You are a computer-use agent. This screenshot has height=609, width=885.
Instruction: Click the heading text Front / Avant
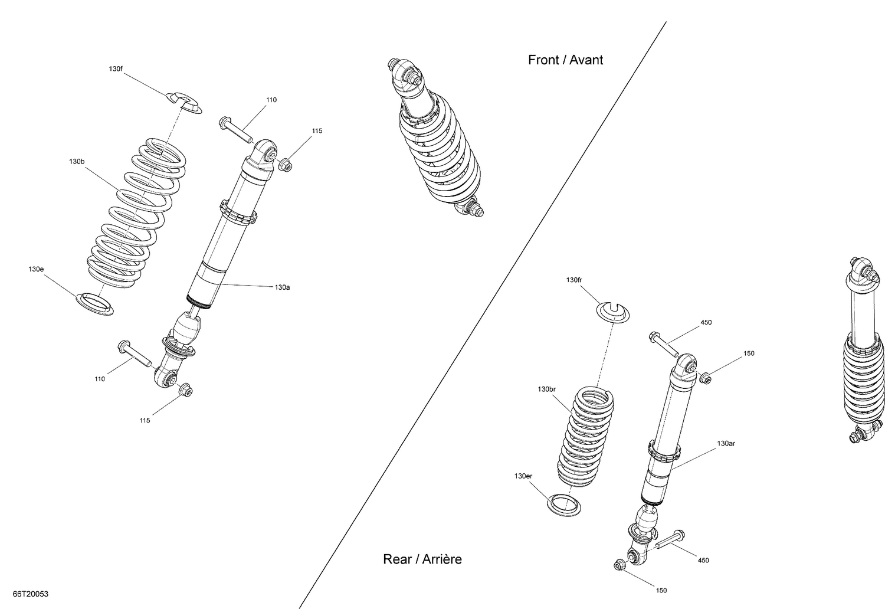565,60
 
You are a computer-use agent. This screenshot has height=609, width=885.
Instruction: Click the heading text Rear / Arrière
422,559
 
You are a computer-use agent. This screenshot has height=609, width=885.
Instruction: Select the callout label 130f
116,69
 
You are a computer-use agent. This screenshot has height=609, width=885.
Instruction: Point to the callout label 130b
77,161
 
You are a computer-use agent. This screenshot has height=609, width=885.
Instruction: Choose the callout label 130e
36,269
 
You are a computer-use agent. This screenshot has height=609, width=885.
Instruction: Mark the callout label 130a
282,287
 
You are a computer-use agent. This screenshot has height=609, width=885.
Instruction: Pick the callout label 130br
547,389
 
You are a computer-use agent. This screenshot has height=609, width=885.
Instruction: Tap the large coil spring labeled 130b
139,212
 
